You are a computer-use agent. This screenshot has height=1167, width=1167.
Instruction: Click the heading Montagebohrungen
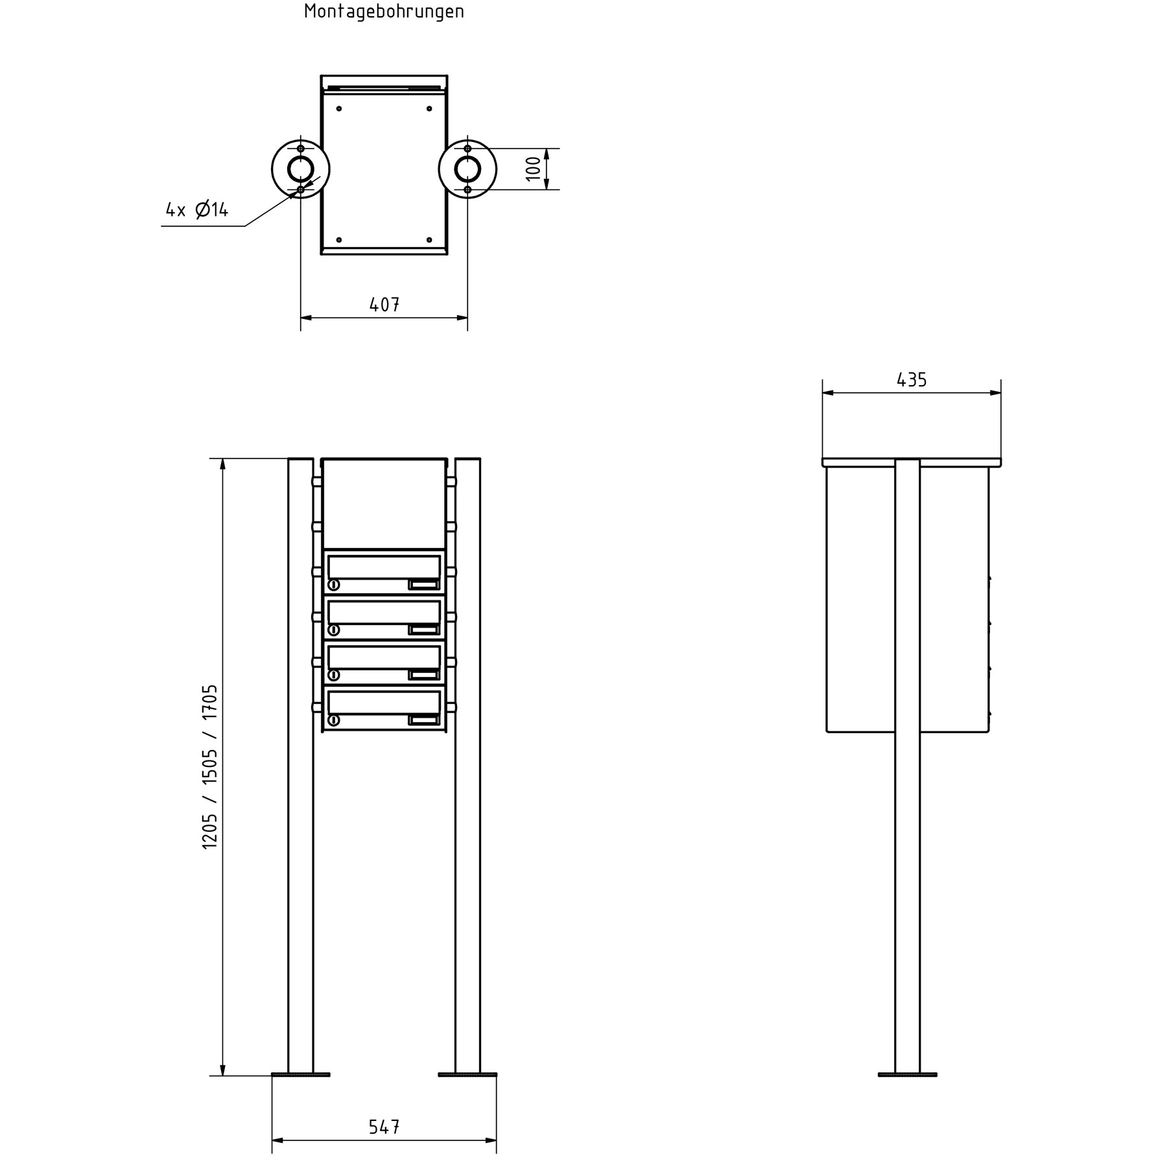384,12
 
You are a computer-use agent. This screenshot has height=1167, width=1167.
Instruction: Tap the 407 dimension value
384,304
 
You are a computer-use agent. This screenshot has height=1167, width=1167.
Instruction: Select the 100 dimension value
533,169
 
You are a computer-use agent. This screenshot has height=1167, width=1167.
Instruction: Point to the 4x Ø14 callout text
197,209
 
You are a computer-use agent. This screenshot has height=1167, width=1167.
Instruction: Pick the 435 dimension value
912,380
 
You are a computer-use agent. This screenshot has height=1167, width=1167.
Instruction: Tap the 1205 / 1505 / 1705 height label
210,766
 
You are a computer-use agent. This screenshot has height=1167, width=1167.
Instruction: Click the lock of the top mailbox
334,585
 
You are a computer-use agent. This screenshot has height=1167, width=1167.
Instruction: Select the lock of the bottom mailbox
334,720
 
